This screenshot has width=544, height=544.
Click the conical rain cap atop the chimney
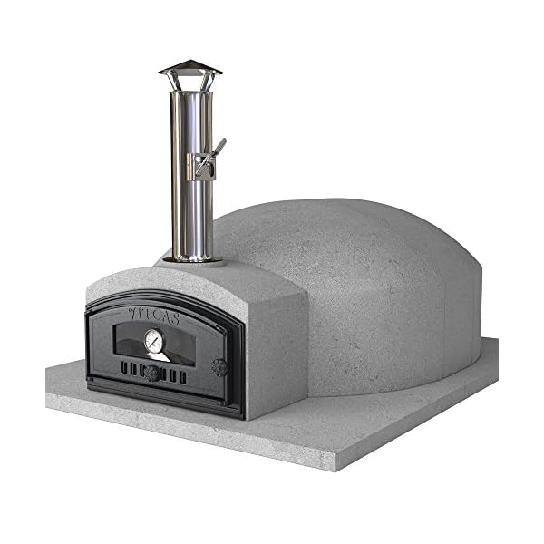190,68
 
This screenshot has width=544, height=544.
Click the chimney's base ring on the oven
192,258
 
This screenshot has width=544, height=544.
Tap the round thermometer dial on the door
153,341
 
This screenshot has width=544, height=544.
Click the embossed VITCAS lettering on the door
153,315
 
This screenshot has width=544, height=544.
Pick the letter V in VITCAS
132,312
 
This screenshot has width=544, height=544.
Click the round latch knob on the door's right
219,367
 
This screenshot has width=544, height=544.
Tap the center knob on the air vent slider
153,373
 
